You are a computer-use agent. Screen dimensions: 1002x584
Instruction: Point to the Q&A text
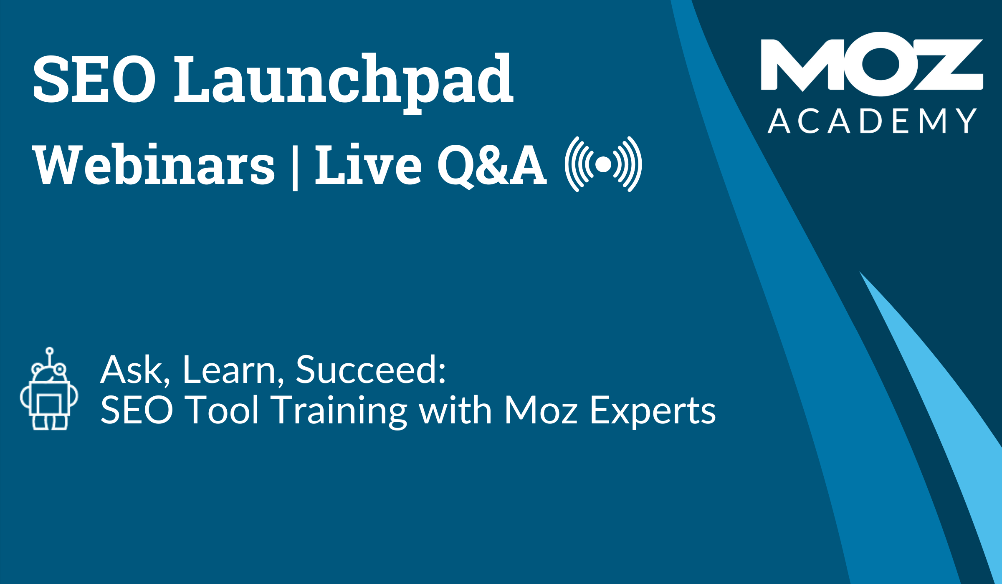(492, 166)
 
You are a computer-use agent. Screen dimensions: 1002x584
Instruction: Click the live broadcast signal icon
(603, 164)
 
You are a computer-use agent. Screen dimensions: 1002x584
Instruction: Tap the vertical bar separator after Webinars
(295, 166)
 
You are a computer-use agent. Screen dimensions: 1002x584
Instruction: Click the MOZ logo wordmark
(872, 64)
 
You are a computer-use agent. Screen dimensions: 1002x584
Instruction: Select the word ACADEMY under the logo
(872, 121)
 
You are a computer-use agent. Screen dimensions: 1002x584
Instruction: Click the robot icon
(49, 388)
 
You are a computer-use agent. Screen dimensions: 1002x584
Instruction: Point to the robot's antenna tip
(50, 351)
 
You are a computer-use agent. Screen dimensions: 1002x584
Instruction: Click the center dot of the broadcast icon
(603, 164)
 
